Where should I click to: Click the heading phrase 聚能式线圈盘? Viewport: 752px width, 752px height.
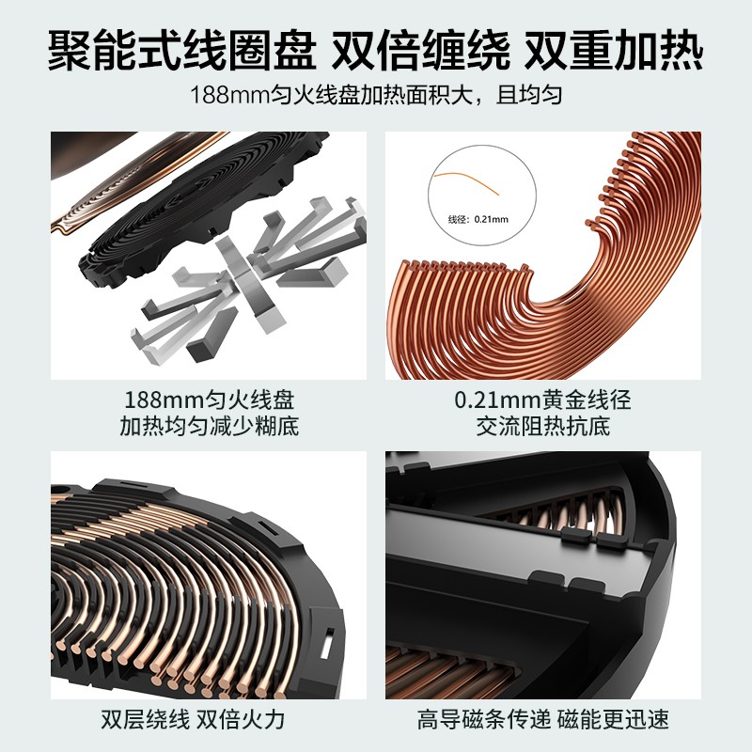point(182,51)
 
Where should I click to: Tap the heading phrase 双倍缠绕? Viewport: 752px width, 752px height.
point(420,51)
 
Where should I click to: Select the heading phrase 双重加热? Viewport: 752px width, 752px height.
point(614,51)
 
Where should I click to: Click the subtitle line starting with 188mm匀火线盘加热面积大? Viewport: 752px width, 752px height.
point(376,95)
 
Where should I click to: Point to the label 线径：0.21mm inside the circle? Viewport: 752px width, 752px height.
point(478,219)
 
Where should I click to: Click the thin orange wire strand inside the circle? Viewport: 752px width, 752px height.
point(466,181)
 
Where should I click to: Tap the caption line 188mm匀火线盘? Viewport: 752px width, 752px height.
point(209,399)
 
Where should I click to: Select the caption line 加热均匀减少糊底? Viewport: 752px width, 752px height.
point(209,427)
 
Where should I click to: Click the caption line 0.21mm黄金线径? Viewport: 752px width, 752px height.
point(543,399)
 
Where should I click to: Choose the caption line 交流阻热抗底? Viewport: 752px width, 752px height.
point(543,427)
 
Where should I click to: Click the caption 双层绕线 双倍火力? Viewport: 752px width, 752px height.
point(193,719)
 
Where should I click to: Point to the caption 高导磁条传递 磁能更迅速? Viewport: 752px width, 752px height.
point(543,719)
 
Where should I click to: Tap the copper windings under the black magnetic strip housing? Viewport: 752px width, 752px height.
point(431,671)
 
